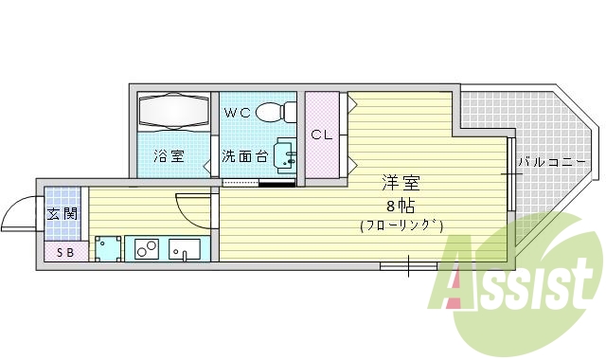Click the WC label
coord(238,113)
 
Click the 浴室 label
coord(169,156)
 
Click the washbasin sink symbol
coord(283,155)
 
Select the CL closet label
coord(322,135)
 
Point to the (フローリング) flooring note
coord(401,225)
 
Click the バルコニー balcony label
coord(552,162)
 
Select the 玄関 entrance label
coord(63,214)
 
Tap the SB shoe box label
coord(65,252)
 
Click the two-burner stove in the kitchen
coord(146,249)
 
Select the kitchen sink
coord(185,249)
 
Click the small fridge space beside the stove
coord(108,248)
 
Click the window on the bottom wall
coord(408,266)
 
